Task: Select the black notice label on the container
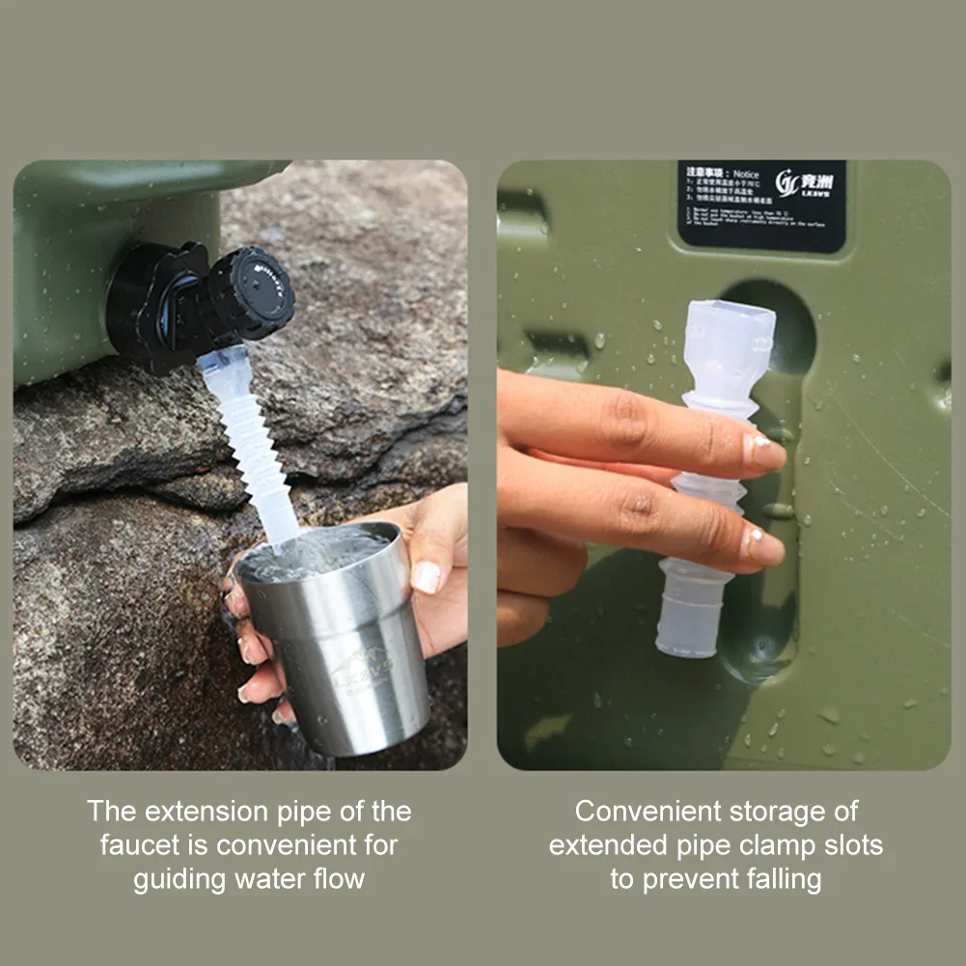pyautogui.click(x=761, y=206)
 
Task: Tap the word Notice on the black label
pyautogui.click(x=745, y=174)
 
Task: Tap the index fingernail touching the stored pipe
pyautogui.click(x=762, y=452)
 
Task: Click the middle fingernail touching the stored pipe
pyautogui.click(x=762, y=546)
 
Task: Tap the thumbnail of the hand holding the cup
pyautogui.click(x=427, y=577)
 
